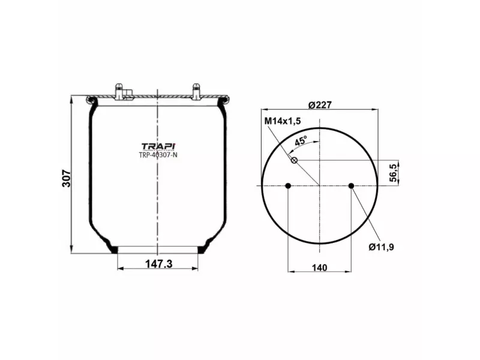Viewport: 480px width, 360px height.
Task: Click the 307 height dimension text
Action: click(x=67, y=178)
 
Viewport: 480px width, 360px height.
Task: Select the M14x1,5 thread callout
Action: click(x=283, y=121)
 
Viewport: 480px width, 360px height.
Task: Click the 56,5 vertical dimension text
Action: click(x=394, y=172)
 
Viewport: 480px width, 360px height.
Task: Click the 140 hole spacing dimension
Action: click(x=319, y=268)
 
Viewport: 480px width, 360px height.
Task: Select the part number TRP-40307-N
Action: click(x=158, y=155)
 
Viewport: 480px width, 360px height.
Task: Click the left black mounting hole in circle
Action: click(x=288, y=185)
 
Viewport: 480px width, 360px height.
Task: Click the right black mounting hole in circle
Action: click(x=352, y=185)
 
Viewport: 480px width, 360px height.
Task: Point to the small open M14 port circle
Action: click(x=294, y=160)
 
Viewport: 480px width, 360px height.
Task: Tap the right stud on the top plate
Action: click(x=196, y=91)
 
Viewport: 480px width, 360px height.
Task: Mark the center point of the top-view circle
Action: click(x=320, y=185)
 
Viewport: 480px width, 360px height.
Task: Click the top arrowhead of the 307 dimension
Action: click(x=71, y=98)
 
